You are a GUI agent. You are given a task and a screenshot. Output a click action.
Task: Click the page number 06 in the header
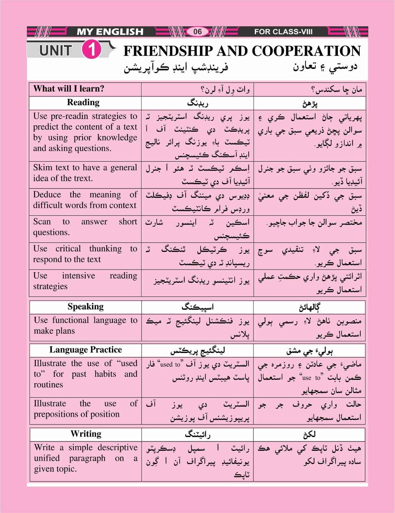click(197, 31)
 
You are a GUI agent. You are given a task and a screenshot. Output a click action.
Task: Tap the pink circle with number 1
click(92, 50)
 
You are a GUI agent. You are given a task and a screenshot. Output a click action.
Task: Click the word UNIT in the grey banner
click(56, 51)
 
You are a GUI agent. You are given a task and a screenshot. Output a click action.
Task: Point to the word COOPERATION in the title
click(306, 51)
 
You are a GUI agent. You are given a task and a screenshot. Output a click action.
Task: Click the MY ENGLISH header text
click(110, 32)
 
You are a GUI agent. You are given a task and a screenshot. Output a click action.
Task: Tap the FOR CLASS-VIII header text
click(283, 32)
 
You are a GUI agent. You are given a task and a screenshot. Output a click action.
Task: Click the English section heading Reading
click(83, 103)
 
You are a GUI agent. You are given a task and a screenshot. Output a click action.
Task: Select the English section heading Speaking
click(85, 307)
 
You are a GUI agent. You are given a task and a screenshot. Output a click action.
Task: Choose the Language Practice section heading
click(85, 350)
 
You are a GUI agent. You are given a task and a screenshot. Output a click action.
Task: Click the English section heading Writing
click(86, 434)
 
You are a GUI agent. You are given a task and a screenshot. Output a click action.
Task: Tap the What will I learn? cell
click(69, 89)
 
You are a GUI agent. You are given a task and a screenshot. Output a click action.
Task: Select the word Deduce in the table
click(47, 195)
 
